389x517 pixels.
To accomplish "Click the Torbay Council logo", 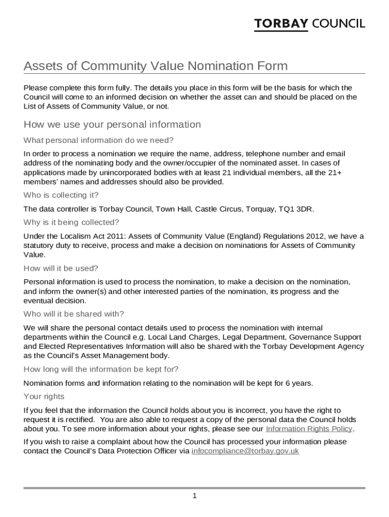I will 309,24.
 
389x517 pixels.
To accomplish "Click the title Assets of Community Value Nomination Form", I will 156,66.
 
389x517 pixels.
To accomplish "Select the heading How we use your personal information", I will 112,125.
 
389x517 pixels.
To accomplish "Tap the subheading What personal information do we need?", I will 99,140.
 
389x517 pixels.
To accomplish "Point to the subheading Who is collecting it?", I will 61,195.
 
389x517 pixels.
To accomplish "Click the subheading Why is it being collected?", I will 71,223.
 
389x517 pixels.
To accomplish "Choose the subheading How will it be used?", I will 61,269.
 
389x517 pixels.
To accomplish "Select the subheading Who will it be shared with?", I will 74,314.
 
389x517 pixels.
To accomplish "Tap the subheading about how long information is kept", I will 101,369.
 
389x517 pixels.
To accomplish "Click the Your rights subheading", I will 44,397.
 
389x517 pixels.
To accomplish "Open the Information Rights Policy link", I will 309,429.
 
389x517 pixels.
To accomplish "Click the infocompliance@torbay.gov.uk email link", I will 245,451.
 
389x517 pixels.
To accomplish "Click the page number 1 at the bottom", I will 194,496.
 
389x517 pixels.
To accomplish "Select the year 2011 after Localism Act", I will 105,236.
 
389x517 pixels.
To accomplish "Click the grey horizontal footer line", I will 194,488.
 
